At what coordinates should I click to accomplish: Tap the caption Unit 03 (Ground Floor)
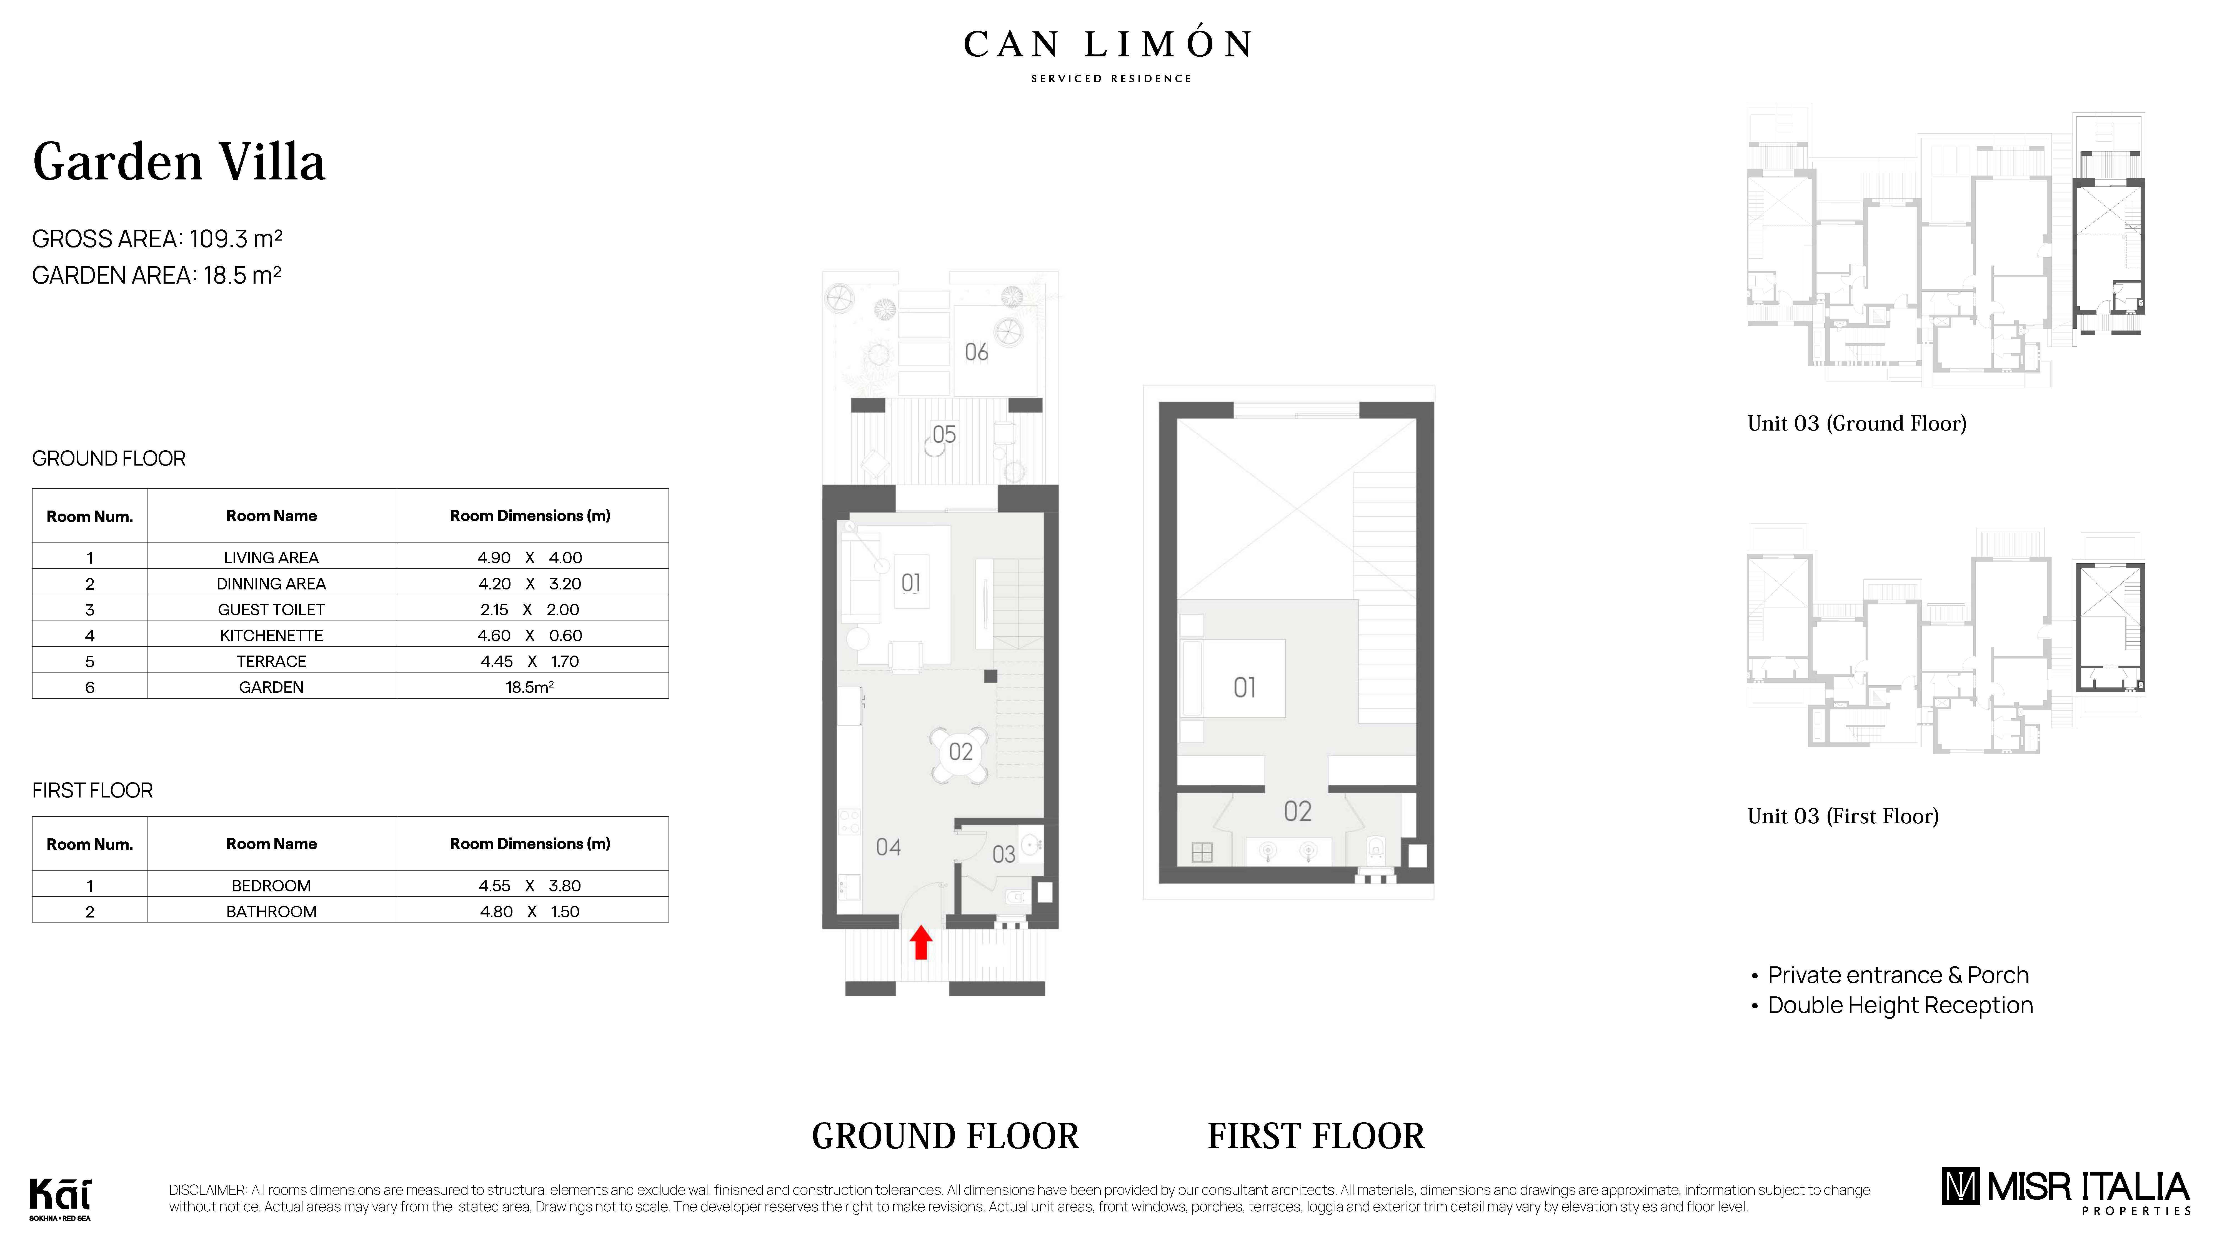[x=1856, y=424]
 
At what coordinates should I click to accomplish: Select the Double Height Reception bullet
[x=1900, y=1006]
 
